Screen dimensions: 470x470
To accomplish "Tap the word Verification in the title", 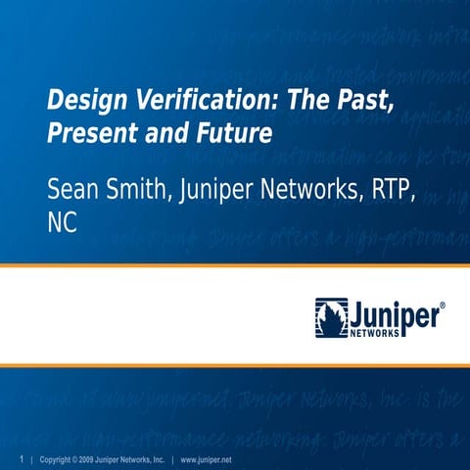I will pyautogui.click(x=182, y=102).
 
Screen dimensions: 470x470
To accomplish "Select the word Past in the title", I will pyautogui.click(x=347, y=102).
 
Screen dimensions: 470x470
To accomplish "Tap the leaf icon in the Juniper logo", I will pyautogui.click(x=331, y=317).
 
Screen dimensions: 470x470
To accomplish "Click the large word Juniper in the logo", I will pyautogui.click(x=393, y=313).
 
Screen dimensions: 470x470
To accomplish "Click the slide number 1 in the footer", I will pyautogui.click(x=21, y=459).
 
